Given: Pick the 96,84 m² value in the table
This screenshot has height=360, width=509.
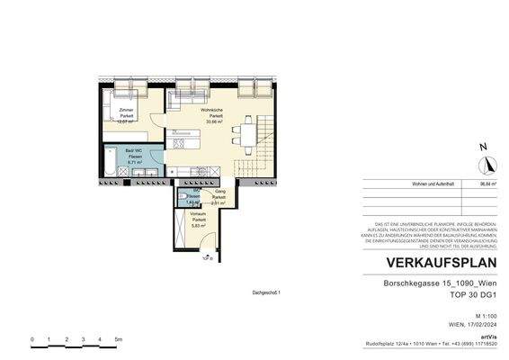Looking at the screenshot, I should pos(488,183).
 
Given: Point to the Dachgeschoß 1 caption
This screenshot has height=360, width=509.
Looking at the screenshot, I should pos(266,292).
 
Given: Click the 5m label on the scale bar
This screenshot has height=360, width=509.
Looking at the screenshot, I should pos(118,339).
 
